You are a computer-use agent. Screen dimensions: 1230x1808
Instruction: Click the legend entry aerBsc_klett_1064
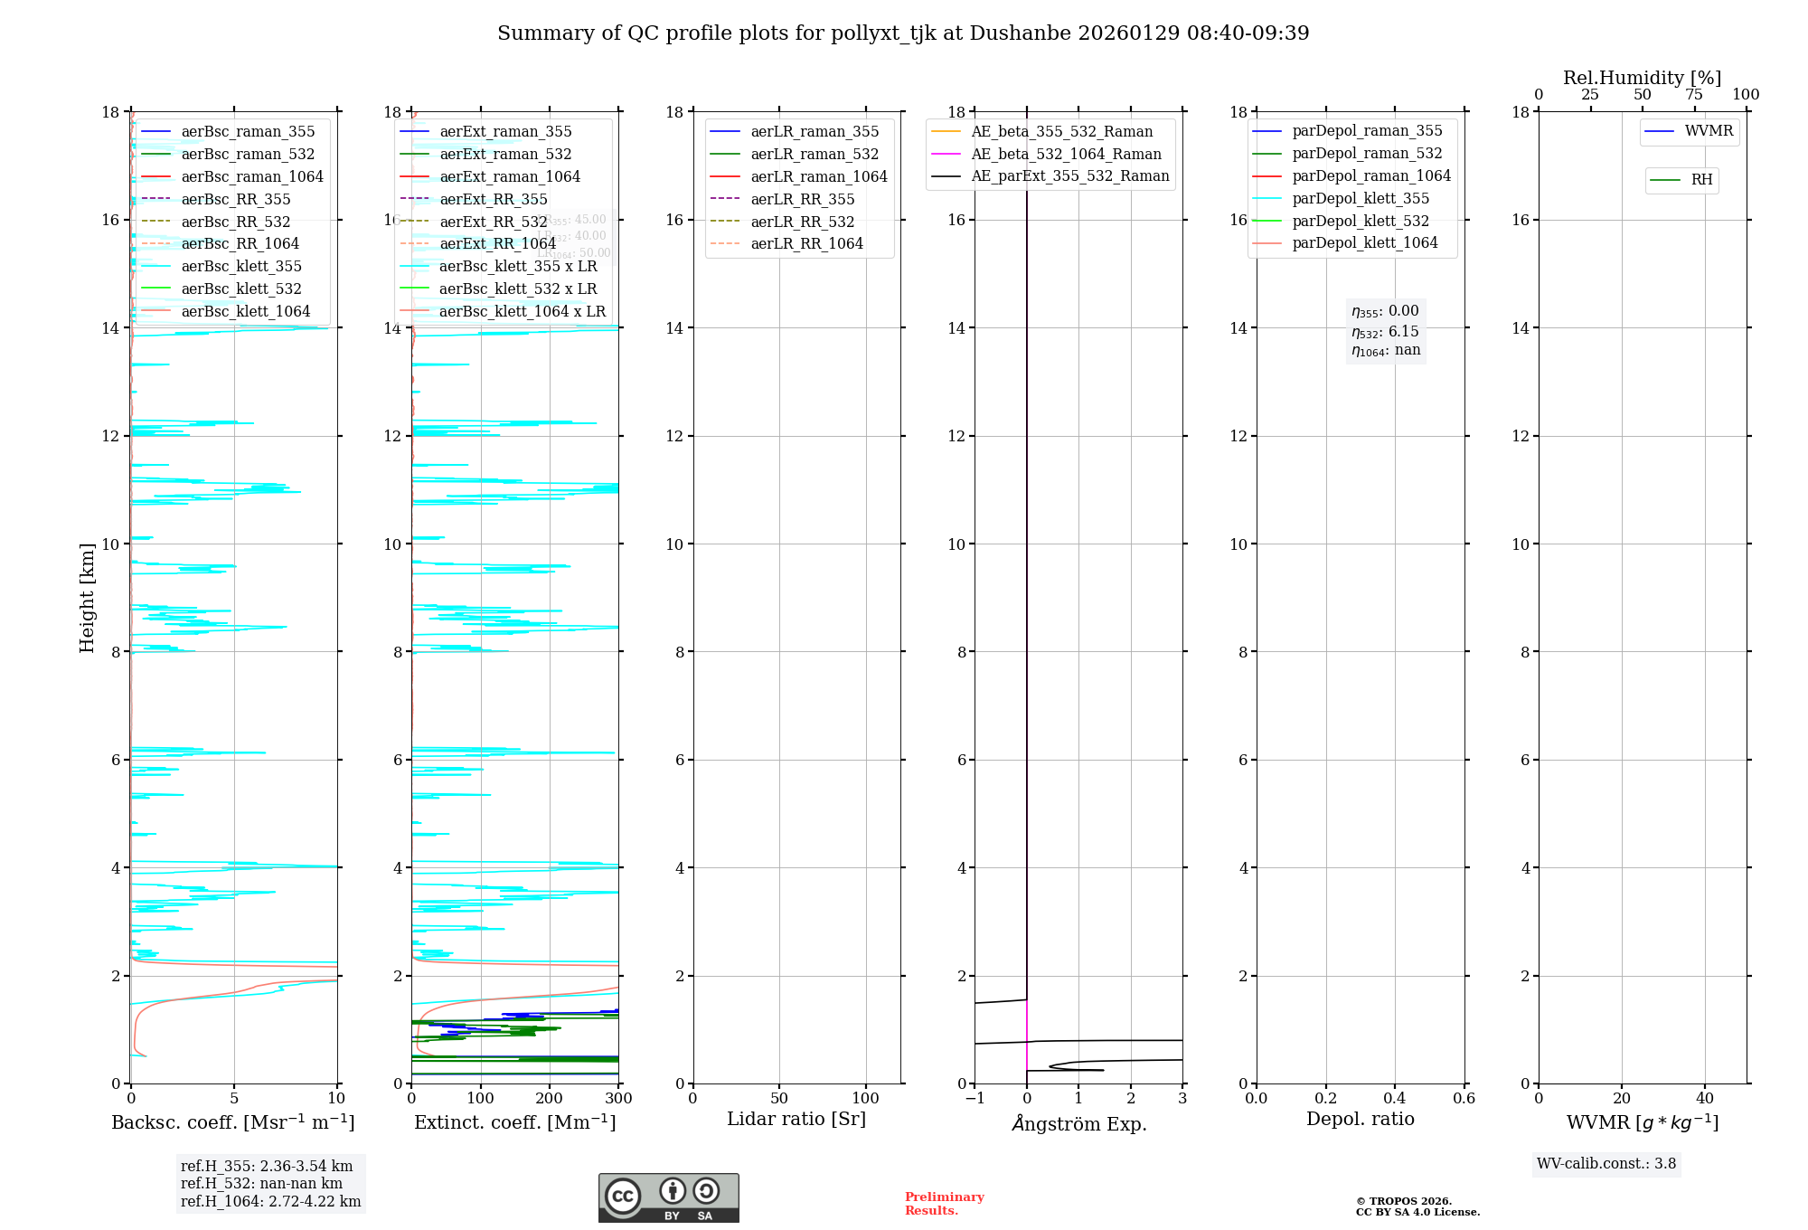pyautogui.click(x=245, y=311)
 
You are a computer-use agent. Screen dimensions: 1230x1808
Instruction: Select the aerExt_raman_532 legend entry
pyautogui.click(x=505, y=154)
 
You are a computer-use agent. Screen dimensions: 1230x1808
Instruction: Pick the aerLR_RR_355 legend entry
pyautogui.click(x=802, y=199)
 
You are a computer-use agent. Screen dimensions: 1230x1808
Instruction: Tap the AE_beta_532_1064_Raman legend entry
pyautogui.click(x=1066, y=154)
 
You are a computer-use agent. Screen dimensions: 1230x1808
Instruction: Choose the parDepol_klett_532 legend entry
pyautogui.click(x=1361, y=221)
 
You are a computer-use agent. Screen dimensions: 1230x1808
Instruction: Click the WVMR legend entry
pyautogui.click(x=1709, y=131)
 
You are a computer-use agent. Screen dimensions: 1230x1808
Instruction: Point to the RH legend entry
pyautogui.click(x=1701, y=180)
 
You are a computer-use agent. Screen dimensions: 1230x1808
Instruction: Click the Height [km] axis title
pyautogui.click(x=87, y=598)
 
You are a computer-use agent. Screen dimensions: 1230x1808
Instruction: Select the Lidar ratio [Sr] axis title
pyautogui.click(x=796, y=1119)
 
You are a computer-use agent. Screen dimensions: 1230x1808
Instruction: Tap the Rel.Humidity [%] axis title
pyautogui.click(x=1642, y=78)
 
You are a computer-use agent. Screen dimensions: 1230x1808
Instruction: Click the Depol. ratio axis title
pyautogui.click(x=1360, y=1119)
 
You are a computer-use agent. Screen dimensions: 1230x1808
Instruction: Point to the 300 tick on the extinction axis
pyautogui.click(x=619, y=1099)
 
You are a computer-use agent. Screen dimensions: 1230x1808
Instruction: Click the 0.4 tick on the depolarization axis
pyautogui.click(x=1395, y=1099)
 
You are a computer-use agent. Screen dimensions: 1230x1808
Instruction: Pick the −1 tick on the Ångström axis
pyautogui.click(x=975, y=1099)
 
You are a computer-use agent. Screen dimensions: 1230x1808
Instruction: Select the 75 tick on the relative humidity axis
pyautogui.click(x=1694, y=95)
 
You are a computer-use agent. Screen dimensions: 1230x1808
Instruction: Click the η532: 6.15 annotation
pyautogui.click(x=1385, y=332)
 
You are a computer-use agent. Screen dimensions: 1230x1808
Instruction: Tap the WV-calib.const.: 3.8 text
pyautogui.click(x=1606, y=1164)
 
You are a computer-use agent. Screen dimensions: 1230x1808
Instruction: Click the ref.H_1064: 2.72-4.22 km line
pyautogui.click(x=270, y=1202)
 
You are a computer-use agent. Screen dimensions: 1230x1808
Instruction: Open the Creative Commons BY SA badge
pyautogui.click(x=668, y=1198)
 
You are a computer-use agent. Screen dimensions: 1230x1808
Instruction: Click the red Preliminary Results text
pyautogui.click(x=944, y=1204)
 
